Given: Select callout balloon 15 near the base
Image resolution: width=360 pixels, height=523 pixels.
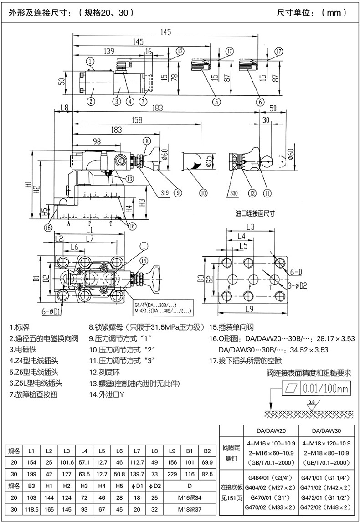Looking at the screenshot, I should click(x=48, y=227).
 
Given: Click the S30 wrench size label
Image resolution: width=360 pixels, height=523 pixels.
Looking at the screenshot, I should click(x=234, y=192).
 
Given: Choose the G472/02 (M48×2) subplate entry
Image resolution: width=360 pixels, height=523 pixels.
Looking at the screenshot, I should click(x=326, y=507).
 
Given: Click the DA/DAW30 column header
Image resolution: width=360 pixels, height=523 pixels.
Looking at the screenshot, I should click(x=326, y=430).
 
